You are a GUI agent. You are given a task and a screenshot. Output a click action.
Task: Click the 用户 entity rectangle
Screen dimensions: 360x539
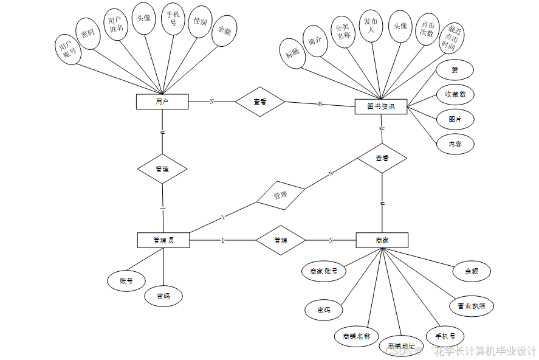(x=162, y=102)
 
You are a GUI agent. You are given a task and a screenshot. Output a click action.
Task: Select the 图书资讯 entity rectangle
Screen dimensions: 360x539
(x=381, y=106)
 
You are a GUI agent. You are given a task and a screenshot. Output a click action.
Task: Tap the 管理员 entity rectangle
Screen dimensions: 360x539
(x=163, y=240)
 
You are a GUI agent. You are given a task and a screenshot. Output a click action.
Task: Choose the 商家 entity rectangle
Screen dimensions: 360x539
(x=382, y=240)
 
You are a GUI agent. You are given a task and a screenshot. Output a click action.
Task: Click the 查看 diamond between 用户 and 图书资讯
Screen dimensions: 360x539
(x=260, y=102)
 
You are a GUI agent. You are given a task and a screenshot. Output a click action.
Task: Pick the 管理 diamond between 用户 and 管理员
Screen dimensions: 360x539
(x=162, y=169)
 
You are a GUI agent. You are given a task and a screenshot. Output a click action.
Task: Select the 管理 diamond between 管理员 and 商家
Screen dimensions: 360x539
(x=280, y=240)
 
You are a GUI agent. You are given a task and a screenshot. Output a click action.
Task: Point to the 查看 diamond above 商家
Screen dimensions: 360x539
(x=382, y=158)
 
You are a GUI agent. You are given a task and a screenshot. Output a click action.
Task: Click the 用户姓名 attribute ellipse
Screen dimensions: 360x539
(x=115, y=24)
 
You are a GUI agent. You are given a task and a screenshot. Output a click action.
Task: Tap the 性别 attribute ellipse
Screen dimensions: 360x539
(x=200, y=22)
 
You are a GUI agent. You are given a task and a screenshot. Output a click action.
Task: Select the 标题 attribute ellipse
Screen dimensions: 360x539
(x=292, y=53)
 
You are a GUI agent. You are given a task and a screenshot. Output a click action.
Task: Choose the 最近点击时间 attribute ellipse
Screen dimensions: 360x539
(x=451, y=38)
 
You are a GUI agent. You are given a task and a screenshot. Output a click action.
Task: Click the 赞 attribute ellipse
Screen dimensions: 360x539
(x=455, y=70)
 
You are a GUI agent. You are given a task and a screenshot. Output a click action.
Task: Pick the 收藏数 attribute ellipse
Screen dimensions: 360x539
(x=455, y=94)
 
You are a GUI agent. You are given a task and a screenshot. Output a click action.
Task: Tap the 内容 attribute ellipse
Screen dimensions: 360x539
(x=455, y=144)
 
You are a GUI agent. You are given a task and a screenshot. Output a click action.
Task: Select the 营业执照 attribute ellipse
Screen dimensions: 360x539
(x=471, y=306)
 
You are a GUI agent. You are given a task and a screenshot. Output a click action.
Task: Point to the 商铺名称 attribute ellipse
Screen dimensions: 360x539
(x=356, y=336)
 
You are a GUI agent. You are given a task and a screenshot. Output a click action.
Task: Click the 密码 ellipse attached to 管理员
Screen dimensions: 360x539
(x=163, y=296)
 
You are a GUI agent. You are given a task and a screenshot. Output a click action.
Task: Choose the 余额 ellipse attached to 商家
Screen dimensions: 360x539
(x=471, y=271)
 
